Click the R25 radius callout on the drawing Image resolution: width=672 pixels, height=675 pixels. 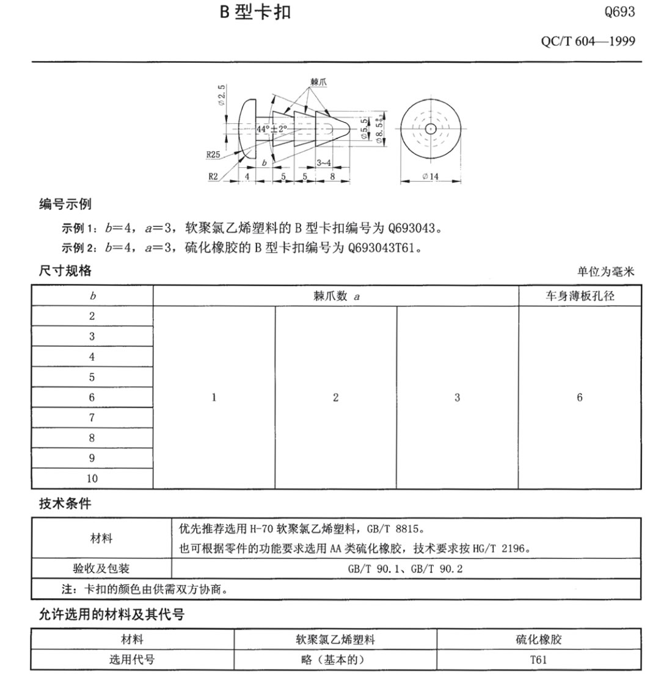[x=213, y=154]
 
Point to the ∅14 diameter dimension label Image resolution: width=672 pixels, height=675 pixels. [x=430, y=177]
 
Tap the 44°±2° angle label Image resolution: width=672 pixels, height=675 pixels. [x=272, y=129]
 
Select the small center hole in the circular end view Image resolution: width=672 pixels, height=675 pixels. [x=430, y=129]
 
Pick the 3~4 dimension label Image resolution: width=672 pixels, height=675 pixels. [x=324, y=162]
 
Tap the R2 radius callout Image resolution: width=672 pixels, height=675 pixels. [x=213, y=176]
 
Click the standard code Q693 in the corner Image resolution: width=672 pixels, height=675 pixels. [x=619, y=12]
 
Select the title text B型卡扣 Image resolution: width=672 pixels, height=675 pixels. [x=255, y=12]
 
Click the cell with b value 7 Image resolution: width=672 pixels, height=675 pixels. [x=92, y=417]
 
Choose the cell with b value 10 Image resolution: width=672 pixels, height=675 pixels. [x=92, y=478]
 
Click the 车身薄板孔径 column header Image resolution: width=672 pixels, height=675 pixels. [x=580, y=296]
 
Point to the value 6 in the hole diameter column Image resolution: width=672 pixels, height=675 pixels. [x=580, y=397]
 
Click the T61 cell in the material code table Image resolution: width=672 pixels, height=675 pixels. [x=539, y=660]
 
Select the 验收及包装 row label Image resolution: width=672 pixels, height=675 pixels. [x=101, y=568]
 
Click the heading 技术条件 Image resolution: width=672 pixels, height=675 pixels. [x=65, y=504]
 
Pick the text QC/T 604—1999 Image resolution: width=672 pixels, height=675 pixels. [x=588, y=41]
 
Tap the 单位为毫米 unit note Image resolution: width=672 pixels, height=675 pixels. [x=605, y=272]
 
